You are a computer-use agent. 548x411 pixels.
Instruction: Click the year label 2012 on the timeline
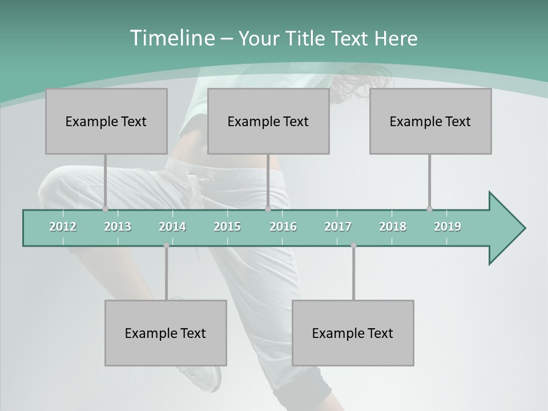(63, 227)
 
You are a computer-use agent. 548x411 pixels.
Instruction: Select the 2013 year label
(118, 227)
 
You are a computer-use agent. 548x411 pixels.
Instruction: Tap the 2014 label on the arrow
(172, 227)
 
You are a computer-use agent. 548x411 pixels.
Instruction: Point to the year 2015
(227, 227)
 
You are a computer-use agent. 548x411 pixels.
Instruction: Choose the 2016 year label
(283, 227)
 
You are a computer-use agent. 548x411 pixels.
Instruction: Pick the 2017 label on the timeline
(338, 227)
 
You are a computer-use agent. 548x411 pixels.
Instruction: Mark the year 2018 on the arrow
(393, 227)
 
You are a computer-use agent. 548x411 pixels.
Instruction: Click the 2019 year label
(448, 227)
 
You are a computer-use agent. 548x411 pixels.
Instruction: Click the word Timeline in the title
(171, 38)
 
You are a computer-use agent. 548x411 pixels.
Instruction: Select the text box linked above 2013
(106, 121)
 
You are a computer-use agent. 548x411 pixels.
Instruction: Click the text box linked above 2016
(268, 121)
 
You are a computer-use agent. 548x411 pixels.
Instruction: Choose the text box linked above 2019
(430, 121)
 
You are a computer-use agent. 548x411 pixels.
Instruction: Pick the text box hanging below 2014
(166, 333)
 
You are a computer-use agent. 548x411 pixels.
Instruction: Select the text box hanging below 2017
(353, 333)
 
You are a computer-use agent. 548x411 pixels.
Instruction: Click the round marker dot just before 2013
(105, 209)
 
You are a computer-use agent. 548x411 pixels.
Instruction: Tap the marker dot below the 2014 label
(166, 245)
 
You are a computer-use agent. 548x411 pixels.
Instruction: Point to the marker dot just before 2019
(429, 209)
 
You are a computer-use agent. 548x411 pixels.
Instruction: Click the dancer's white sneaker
(208, 377)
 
